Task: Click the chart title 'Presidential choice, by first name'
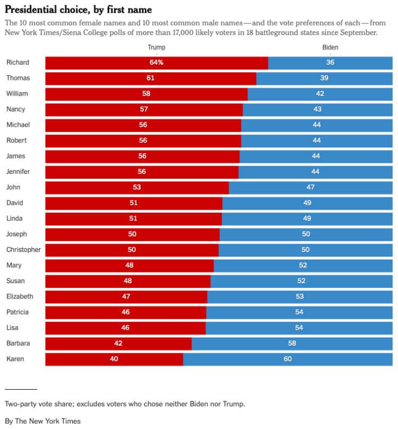78,10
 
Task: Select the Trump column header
156,48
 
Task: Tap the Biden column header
330,48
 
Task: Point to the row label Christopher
23,250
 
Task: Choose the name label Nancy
15,110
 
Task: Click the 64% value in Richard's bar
156,63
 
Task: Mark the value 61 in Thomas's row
151,78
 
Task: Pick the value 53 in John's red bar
137,188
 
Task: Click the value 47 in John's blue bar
310,188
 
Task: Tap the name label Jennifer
18,172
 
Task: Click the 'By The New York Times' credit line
43,421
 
